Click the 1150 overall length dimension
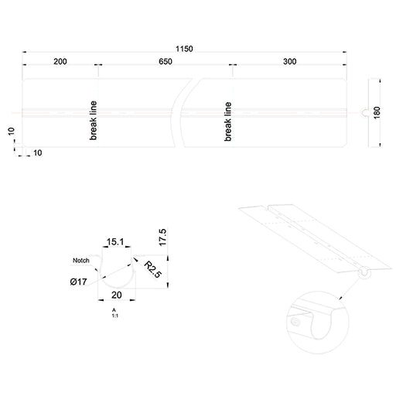(x=184, y=49)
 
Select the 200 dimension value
(x=60, y=62)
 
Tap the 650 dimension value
(x=166, y=62)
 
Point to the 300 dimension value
(x=290, y=62)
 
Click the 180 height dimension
(x=377, y=113)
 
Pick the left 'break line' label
(x=93, y=121)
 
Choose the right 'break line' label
(x=228, y=121)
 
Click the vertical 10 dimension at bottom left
(x=11, y=131)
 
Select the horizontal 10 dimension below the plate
(x=38, y=153)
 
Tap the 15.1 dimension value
(x=115, y=242)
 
